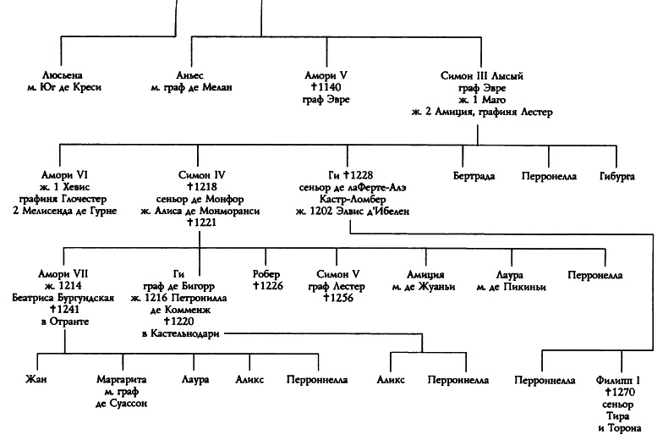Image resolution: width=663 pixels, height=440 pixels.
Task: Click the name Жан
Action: click(x=37, y=381)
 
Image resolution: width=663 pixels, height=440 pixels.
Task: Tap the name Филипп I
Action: click(x=619, y=381)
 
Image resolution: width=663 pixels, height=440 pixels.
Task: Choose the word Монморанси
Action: click(x=231, y=211)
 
